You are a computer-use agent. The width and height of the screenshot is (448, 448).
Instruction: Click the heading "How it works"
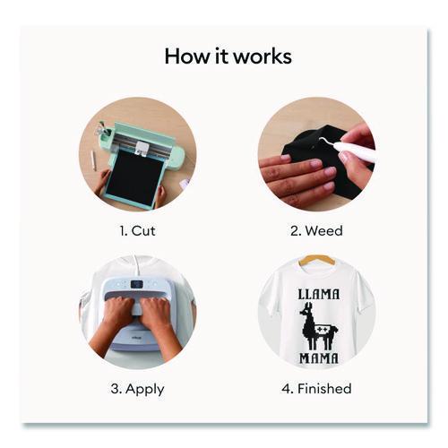coord(228,56)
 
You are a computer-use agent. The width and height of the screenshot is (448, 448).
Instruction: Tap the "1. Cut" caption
coord(137,231)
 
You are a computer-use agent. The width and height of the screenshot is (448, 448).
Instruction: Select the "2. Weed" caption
coord(316,231)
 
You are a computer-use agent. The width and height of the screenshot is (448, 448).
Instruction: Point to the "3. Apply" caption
coord(137,390)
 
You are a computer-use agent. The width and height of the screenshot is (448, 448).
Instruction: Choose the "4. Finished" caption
coord(316,389)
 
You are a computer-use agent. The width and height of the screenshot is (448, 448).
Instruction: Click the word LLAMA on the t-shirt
coord(319,294)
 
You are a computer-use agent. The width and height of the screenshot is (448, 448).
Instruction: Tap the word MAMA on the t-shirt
coord(319,358)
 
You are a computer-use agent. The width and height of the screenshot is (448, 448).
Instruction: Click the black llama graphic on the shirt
coord(317,325)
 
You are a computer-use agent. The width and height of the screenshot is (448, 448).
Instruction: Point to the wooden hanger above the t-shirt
coord(317,260)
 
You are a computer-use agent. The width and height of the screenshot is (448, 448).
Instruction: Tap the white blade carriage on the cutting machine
coord(142,148)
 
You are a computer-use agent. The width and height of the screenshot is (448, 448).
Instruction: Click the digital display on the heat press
coord(137,284)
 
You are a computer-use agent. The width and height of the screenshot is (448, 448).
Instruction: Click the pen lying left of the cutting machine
coord(93,160)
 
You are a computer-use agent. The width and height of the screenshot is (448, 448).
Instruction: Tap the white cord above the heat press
coord(137,267)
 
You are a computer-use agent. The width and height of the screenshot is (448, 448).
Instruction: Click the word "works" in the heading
coord(263,56)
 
